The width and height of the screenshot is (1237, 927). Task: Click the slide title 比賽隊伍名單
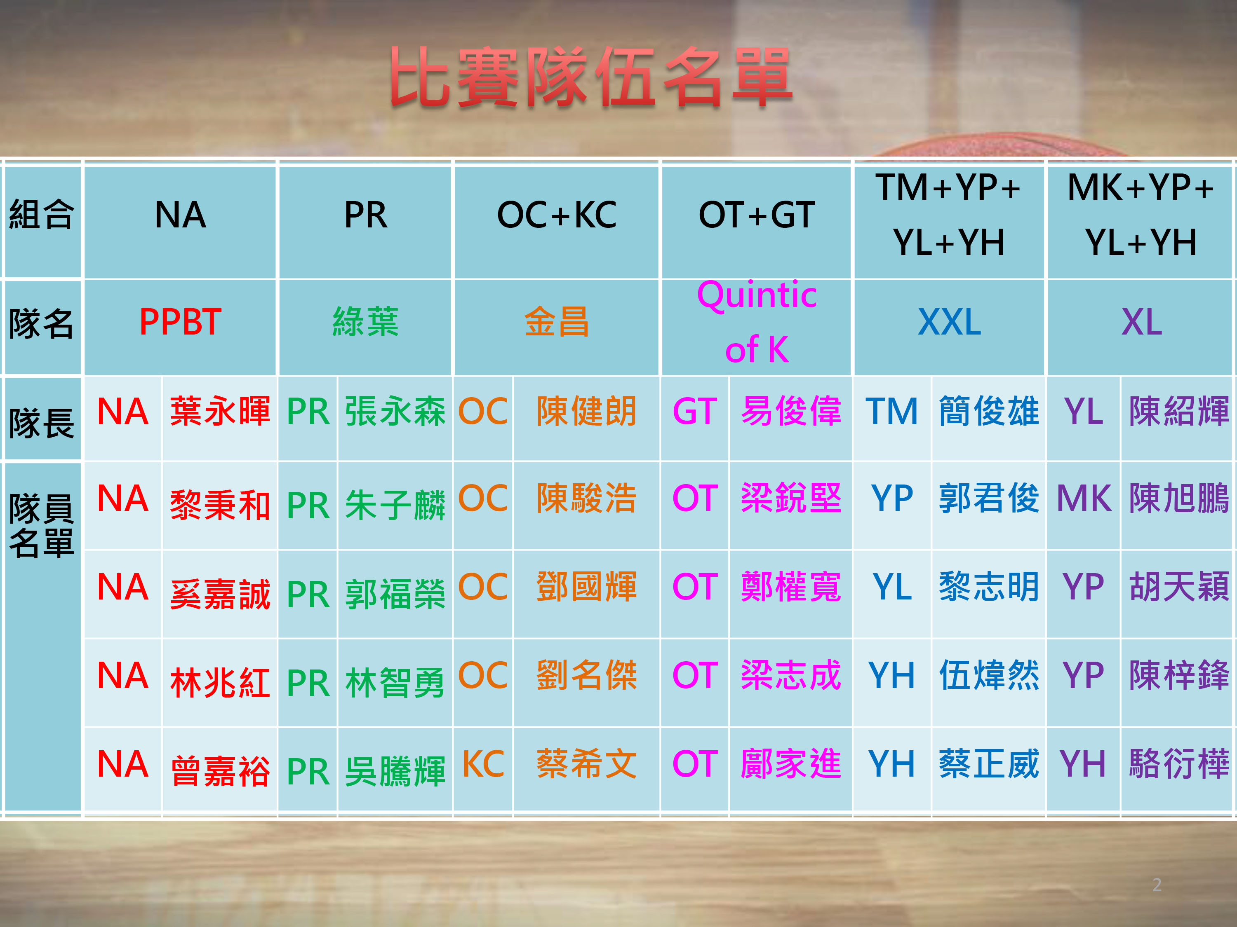pyautogui.click(x=591, y=77)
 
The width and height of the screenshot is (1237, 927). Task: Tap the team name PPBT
pyautogui.click(x=180, y=323)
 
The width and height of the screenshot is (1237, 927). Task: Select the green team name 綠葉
pyautogui.click(x=365, y=323)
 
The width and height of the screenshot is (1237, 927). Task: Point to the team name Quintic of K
pyautogui.click(x=757, y=323)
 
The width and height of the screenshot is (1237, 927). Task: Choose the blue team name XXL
pyautogui.click(x=949, y=323)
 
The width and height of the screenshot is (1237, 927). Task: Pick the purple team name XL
pyautogui.click(x=1141, y=323)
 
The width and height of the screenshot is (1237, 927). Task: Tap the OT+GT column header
pyautogui.click(x=757, y=215)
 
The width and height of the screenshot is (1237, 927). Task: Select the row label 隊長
pyautogui.click(x=41, y=423)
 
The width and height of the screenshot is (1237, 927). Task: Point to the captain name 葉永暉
pyautogui.click(x=220, y=411)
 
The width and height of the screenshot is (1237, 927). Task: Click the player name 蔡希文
pyautogui.click(x=586, y=764)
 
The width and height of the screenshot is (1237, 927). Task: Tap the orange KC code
pyautogui.click(x=483, y=764)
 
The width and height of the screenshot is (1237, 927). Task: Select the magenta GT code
pyautogui.click(x=694, y=411)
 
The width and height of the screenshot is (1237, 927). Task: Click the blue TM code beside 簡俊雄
pyautogui.click(x=891, y=411)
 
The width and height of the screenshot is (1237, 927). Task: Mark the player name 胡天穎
pyautogui.click(x=1179, y=587)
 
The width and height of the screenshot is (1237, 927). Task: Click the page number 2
pyautogui.click(x=1157, y=885)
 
